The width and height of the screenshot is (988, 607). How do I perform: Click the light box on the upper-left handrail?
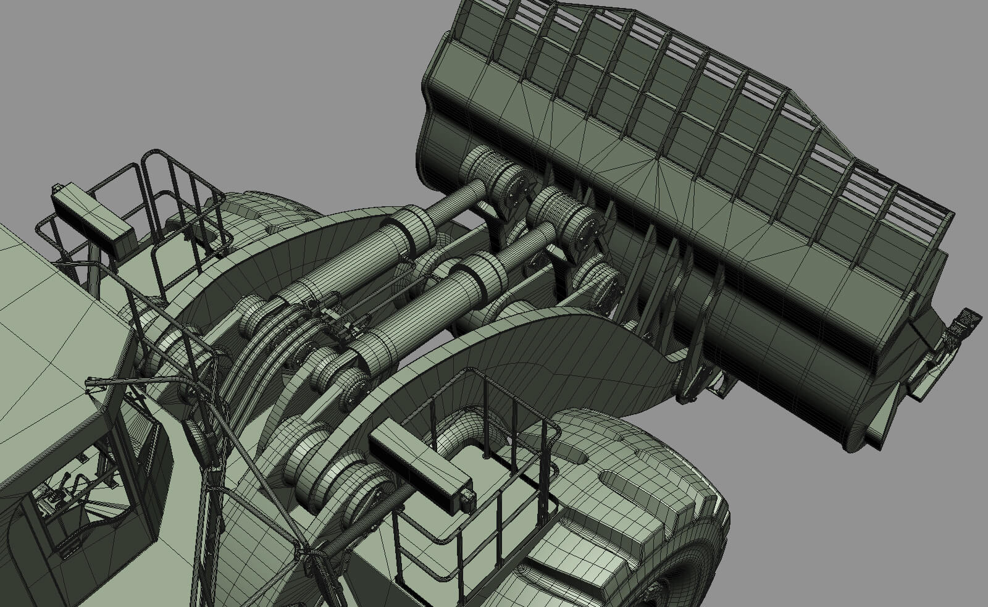click(93, 216)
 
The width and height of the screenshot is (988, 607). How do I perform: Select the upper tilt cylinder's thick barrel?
click(346, 259)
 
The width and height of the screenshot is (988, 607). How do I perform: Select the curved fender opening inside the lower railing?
click(463, 432)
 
